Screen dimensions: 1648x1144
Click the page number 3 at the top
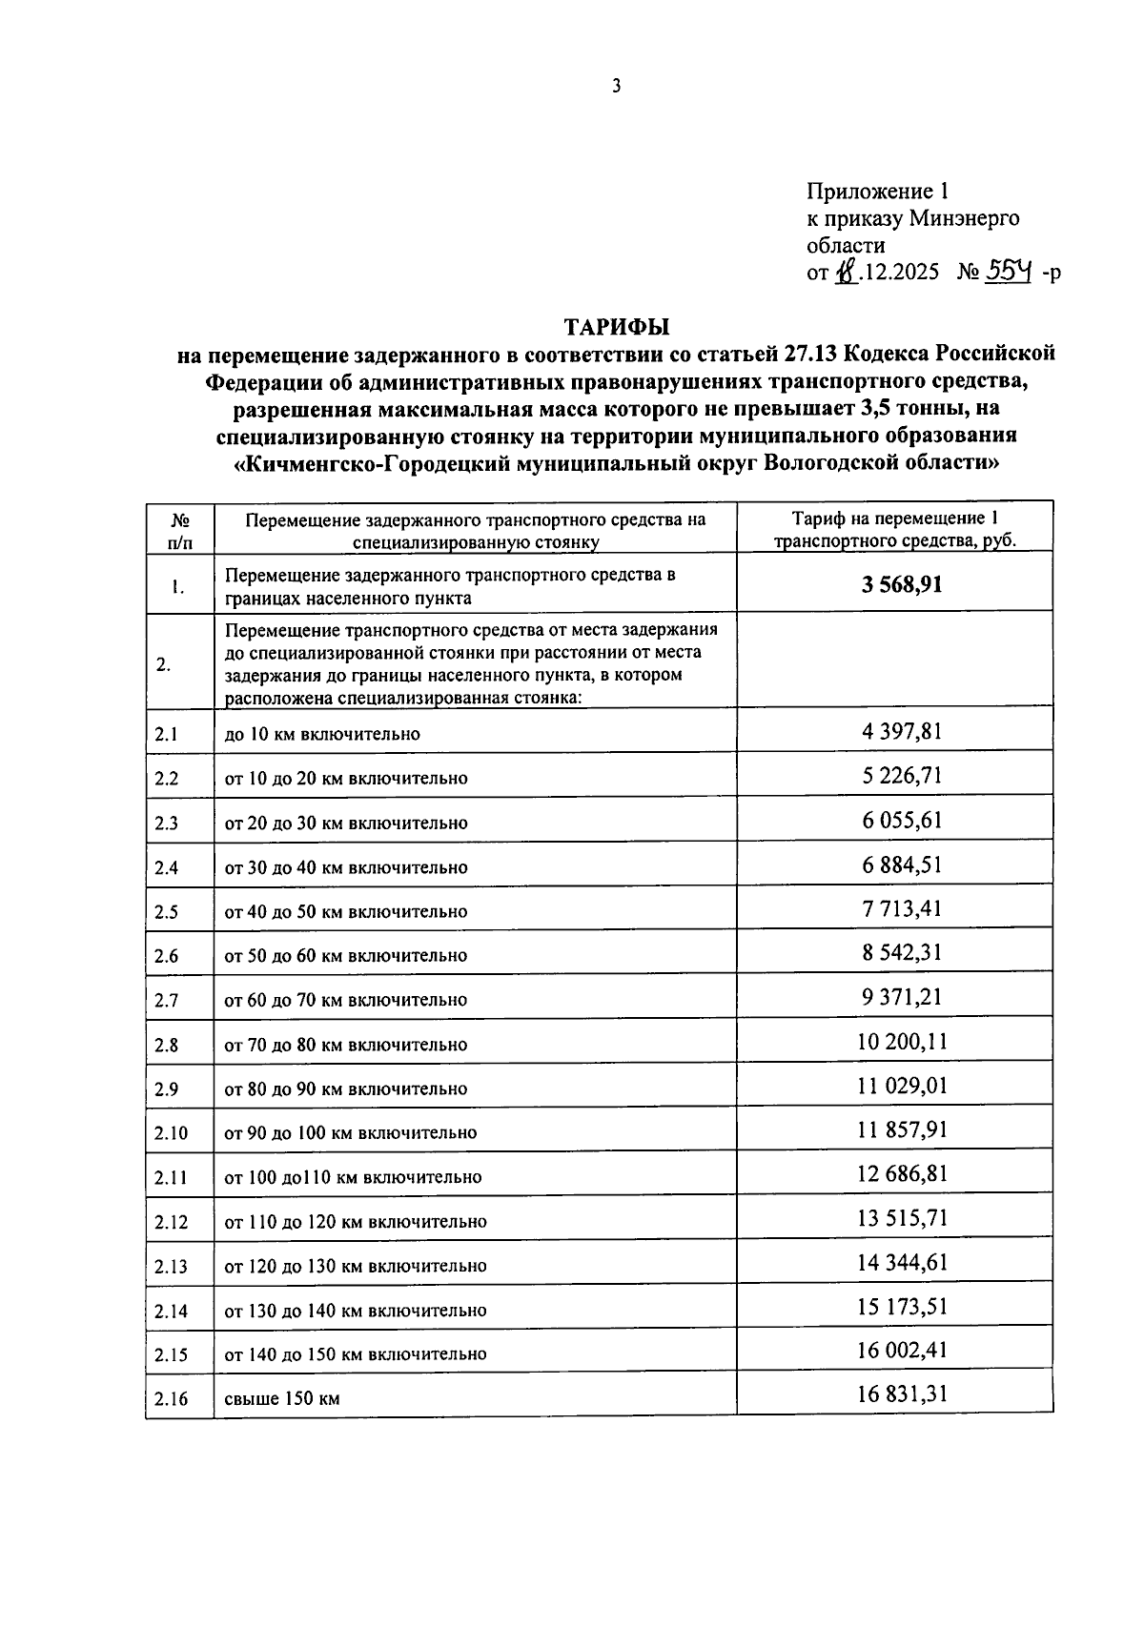[x=617, y=87]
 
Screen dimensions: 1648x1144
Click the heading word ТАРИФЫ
[x=617, y=327]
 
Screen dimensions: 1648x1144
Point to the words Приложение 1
[x=878, y=191]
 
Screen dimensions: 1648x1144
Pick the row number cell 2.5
[x=167, y=912]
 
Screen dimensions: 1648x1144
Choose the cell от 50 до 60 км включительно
[x=346, y=956]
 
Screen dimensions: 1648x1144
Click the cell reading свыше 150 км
[x=282, y=1399]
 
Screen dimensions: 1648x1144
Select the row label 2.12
[x=172, y=1222]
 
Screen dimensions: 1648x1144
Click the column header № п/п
[x=179, y=531]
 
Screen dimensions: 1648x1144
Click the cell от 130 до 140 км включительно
[x=356, y=1311]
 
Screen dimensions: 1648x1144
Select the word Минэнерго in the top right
[x=964, y=218]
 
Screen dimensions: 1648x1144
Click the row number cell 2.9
[x=167, y=1089]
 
